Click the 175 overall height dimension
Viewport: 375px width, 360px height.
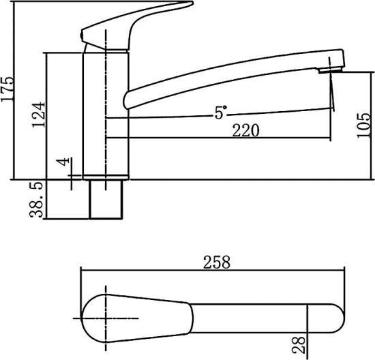7,89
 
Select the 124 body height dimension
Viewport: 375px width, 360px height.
38,115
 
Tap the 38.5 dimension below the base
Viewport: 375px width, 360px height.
36,200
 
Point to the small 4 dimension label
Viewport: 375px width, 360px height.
63,162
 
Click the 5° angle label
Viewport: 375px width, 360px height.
220,112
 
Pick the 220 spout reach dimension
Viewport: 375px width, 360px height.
246,130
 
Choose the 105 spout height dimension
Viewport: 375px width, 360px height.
364,125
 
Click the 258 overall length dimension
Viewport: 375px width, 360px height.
217,262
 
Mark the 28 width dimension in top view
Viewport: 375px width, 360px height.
299,345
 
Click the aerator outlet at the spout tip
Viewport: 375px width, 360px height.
330,70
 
